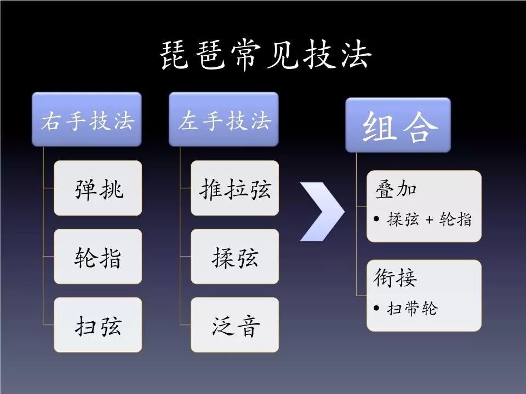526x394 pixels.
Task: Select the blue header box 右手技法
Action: pos(87,119)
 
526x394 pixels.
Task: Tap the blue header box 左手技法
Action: pos(224,119)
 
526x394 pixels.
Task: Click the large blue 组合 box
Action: pos(398,125)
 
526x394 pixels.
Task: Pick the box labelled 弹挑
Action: pos(98,188)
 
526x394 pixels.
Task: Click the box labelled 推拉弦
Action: pos(235,188)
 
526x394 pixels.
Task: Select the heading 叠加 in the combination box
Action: pos(395,189)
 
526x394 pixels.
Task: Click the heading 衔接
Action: pos(395,278)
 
